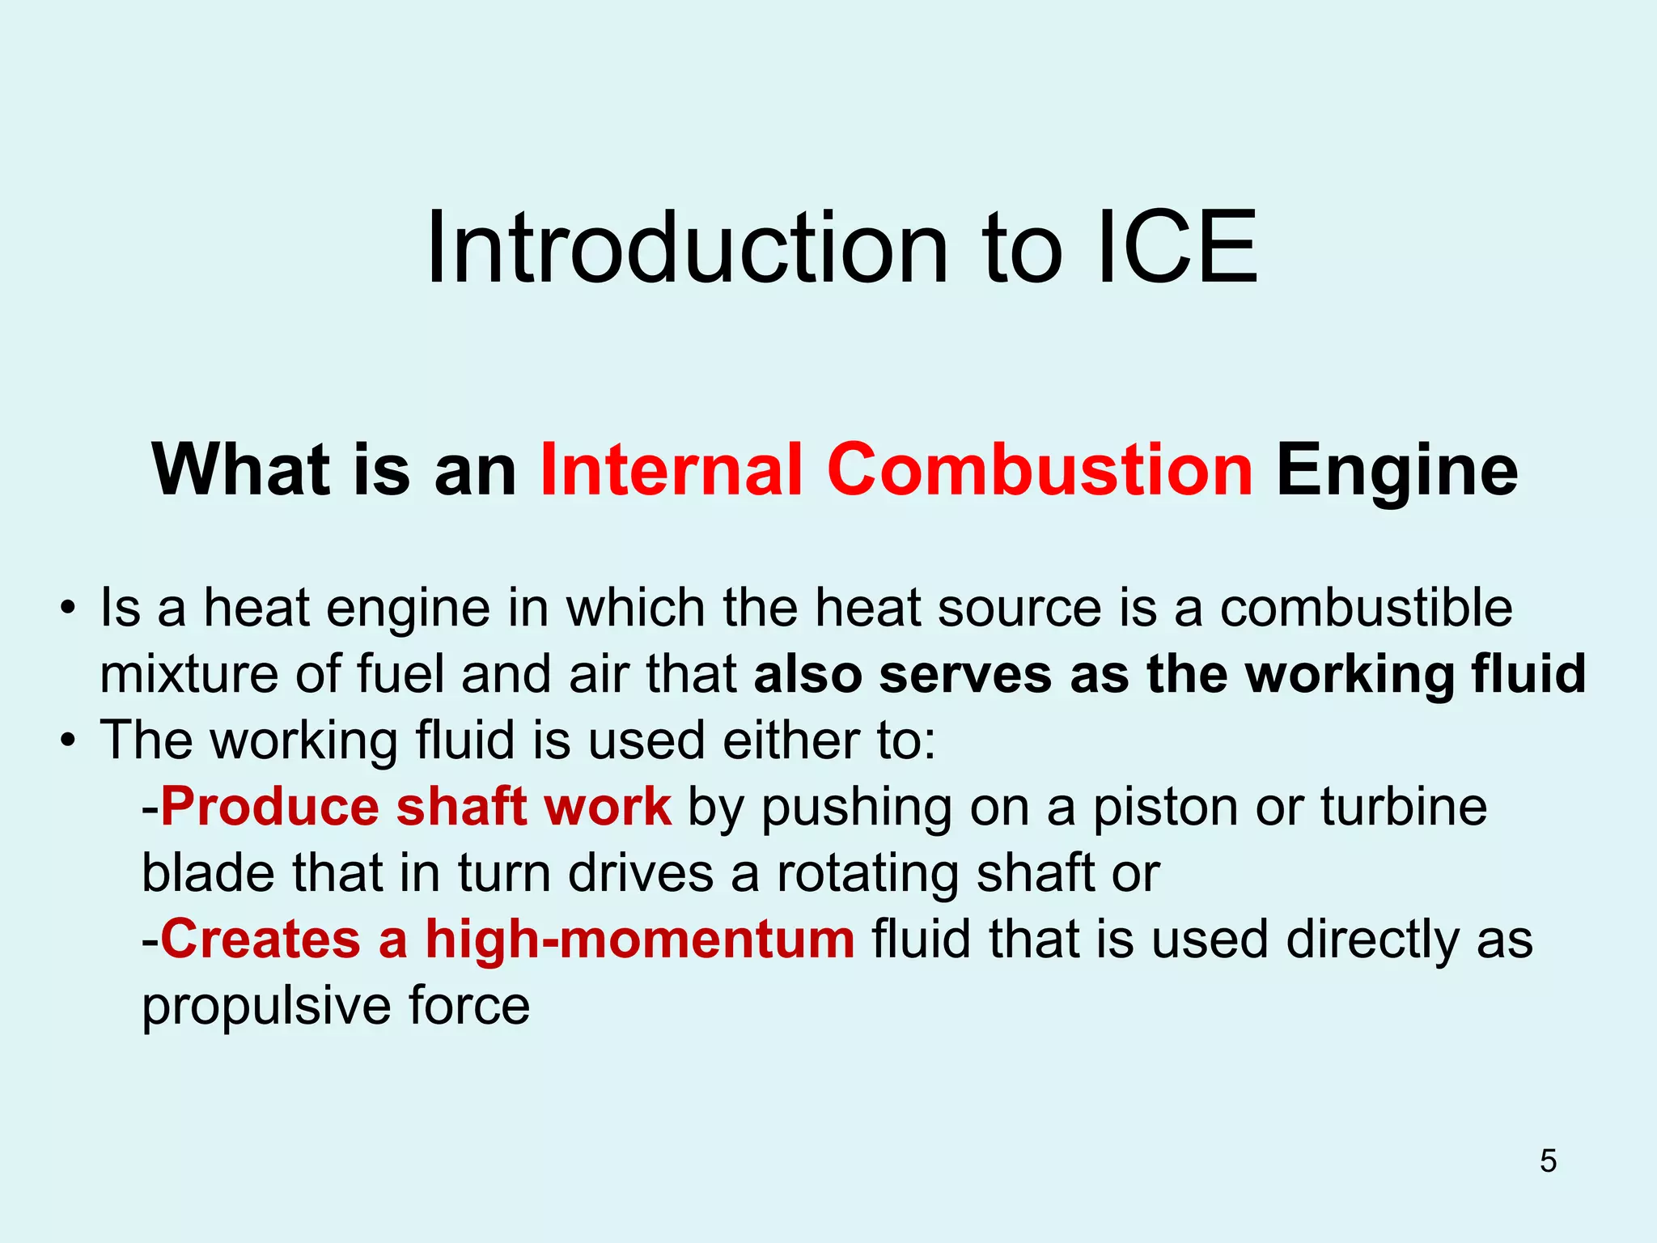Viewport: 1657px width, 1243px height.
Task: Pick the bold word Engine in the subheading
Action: coord(1397,471)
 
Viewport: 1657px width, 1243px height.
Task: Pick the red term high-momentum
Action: coord(640,940)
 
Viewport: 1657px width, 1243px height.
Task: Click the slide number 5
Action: coord(1548,1160)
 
